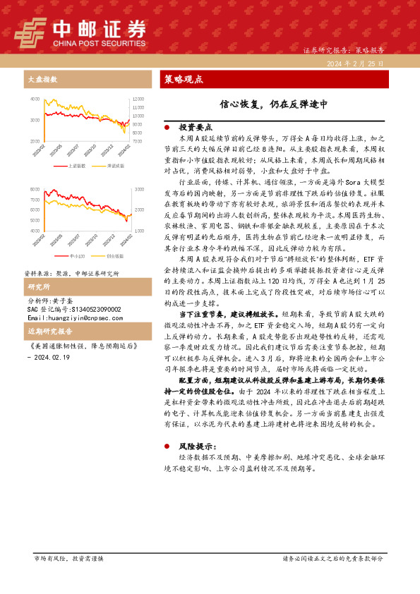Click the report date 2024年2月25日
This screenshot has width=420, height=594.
[x=355, y=63]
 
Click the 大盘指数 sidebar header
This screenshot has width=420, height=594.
[x=43, y=79]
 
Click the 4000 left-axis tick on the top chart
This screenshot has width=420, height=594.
[x=35, y=99]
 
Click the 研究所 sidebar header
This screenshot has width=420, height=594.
[x=38, y=287]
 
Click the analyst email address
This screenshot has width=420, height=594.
[x=69, y=317]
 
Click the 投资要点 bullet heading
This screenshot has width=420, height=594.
[x=196, y=127]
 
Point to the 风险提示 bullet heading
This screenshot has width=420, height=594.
[x=198, y=446]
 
